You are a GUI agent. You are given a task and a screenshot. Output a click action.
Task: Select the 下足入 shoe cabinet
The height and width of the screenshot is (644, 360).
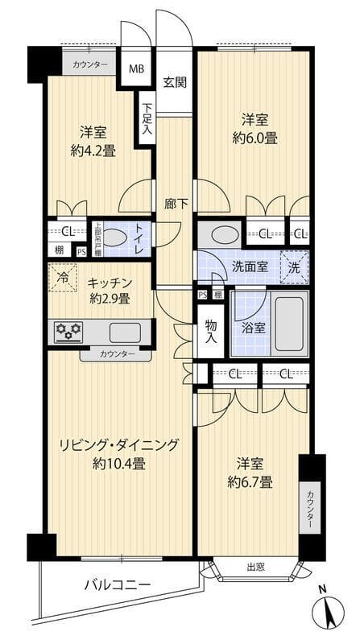point(147,120)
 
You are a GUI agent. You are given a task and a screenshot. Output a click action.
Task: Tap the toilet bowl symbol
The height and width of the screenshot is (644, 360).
point(114,239)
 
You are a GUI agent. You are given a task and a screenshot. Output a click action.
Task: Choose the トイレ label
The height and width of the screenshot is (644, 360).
point(139,238)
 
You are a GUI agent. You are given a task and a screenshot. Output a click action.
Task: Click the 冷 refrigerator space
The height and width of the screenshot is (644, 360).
point(63,277)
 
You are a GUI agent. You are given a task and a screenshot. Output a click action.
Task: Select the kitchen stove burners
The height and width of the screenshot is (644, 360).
point(67,331)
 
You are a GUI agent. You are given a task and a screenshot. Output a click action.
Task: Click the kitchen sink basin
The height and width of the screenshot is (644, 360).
point(124,331)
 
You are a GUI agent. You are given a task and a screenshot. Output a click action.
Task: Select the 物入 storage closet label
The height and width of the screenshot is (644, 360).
point(210,331)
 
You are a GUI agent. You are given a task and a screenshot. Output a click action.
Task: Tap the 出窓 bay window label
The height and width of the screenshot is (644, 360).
point(255,568)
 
